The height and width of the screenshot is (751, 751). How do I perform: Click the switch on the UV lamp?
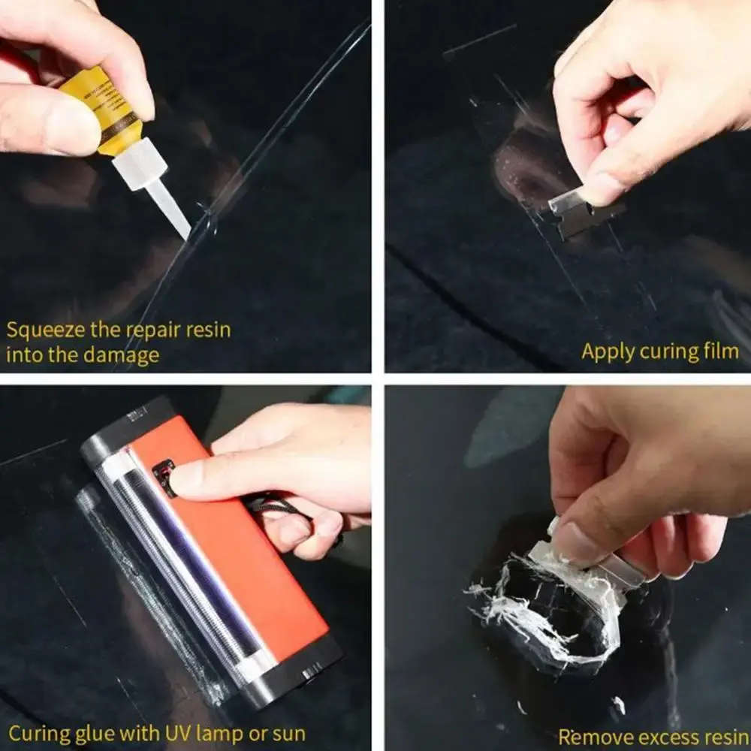click(163, 478)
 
